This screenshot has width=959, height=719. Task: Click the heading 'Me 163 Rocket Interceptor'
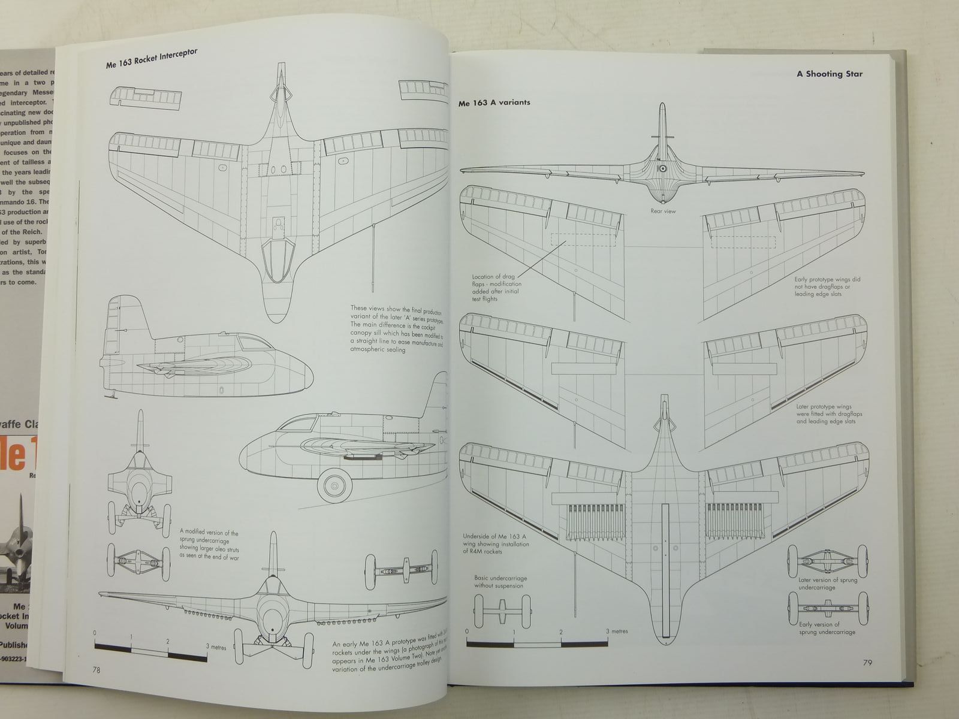152,61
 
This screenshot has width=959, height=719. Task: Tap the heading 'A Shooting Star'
829,74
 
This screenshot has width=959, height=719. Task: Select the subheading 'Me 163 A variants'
494,102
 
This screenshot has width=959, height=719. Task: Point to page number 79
867,662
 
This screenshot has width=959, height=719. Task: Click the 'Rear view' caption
663,211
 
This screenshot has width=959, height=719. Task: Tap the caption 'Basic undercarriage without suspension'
500,581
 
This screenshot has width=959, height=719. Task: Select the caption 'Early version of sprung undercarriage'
827,628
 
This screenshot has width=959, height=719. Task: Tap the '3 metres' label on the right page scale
616,632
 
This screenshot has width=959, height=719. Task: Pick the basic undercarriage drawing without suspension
500,611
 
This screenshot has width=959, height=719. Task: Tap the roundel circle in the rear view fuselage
663,170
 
